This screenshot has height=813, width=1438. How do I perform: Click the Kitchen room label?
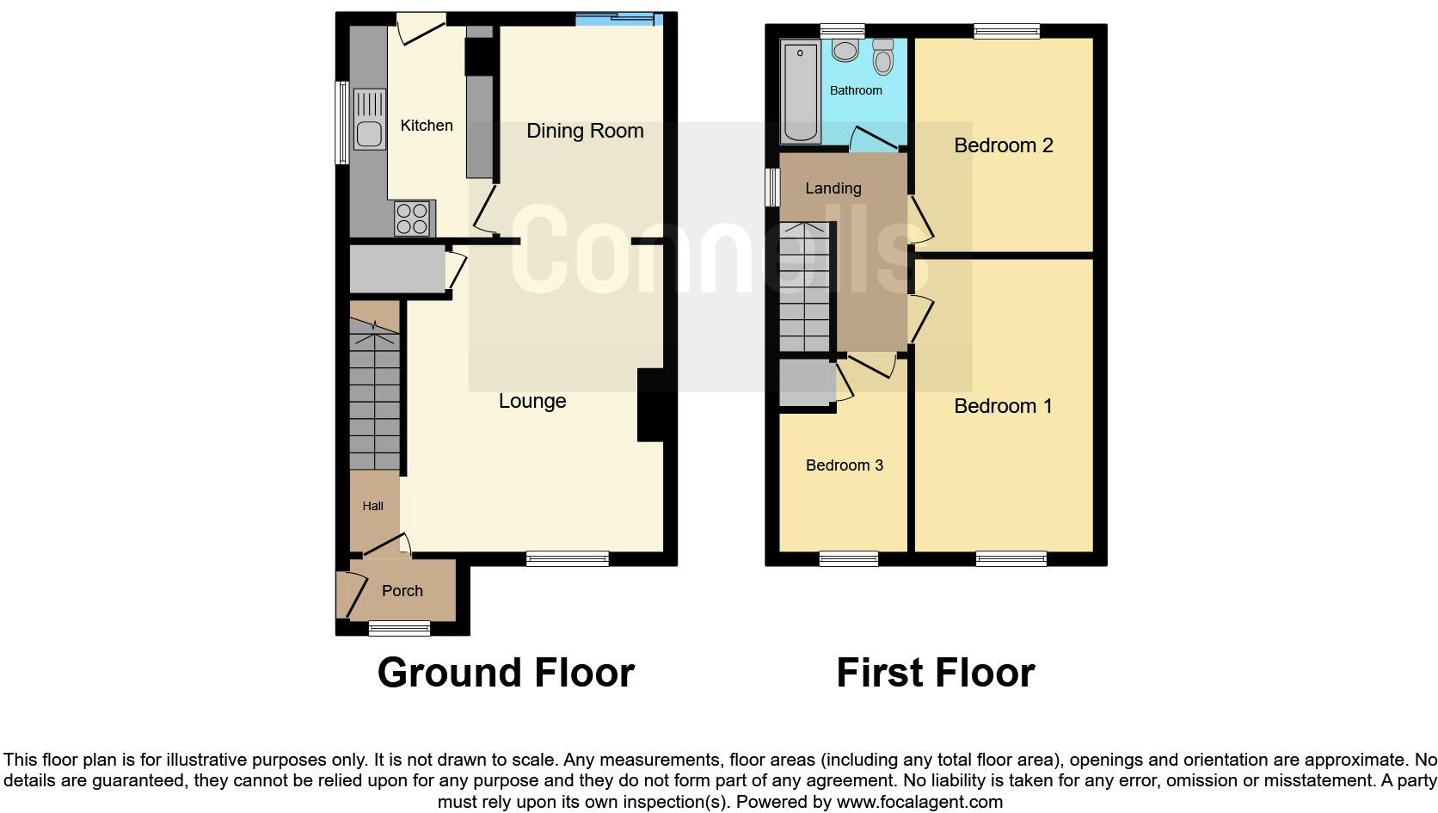click(427, 126)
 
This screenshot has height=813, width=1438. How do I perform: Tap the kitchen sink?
click(369, 134)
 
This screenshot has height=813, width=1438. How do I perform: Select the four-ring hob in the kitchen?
click(413, 218)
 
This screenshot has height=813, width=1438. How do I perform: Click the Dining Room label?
click(585, 131)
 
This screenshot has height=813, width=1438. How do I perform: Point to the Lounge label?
click(532, 401)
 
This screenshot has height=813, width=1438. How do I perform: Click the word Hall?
click(373, 506)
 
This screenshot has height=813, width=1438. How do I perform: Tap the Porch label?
click(403, 591)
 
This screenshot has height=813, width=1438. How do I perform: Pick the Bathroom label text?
click(856, 90)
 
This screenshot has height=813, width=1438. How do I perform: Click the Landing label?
click(833, 188)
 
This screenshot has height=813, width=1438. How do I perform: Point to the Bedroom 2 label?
click(1003, 145)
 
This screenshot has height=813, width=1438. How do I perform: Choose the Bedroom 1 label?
click(1003, 406)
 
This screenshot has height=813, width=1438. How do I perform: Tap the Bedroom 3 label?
click(844, 465)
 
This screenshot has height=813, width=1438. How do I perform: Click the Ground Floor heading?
click(506, 673)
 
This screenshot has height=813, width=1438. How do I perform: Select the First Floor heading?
click(935, 673)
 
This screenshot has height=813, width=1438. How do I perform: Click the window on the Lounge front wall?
click(568, 559)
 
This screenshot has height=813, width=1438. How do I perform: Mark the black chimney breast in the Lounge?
click(650, 405)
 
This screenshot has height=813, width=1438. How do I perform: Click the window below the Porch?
click(399, 629)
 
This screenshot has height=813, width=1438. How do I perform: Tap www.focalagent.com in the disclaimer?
click(919, 802)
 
